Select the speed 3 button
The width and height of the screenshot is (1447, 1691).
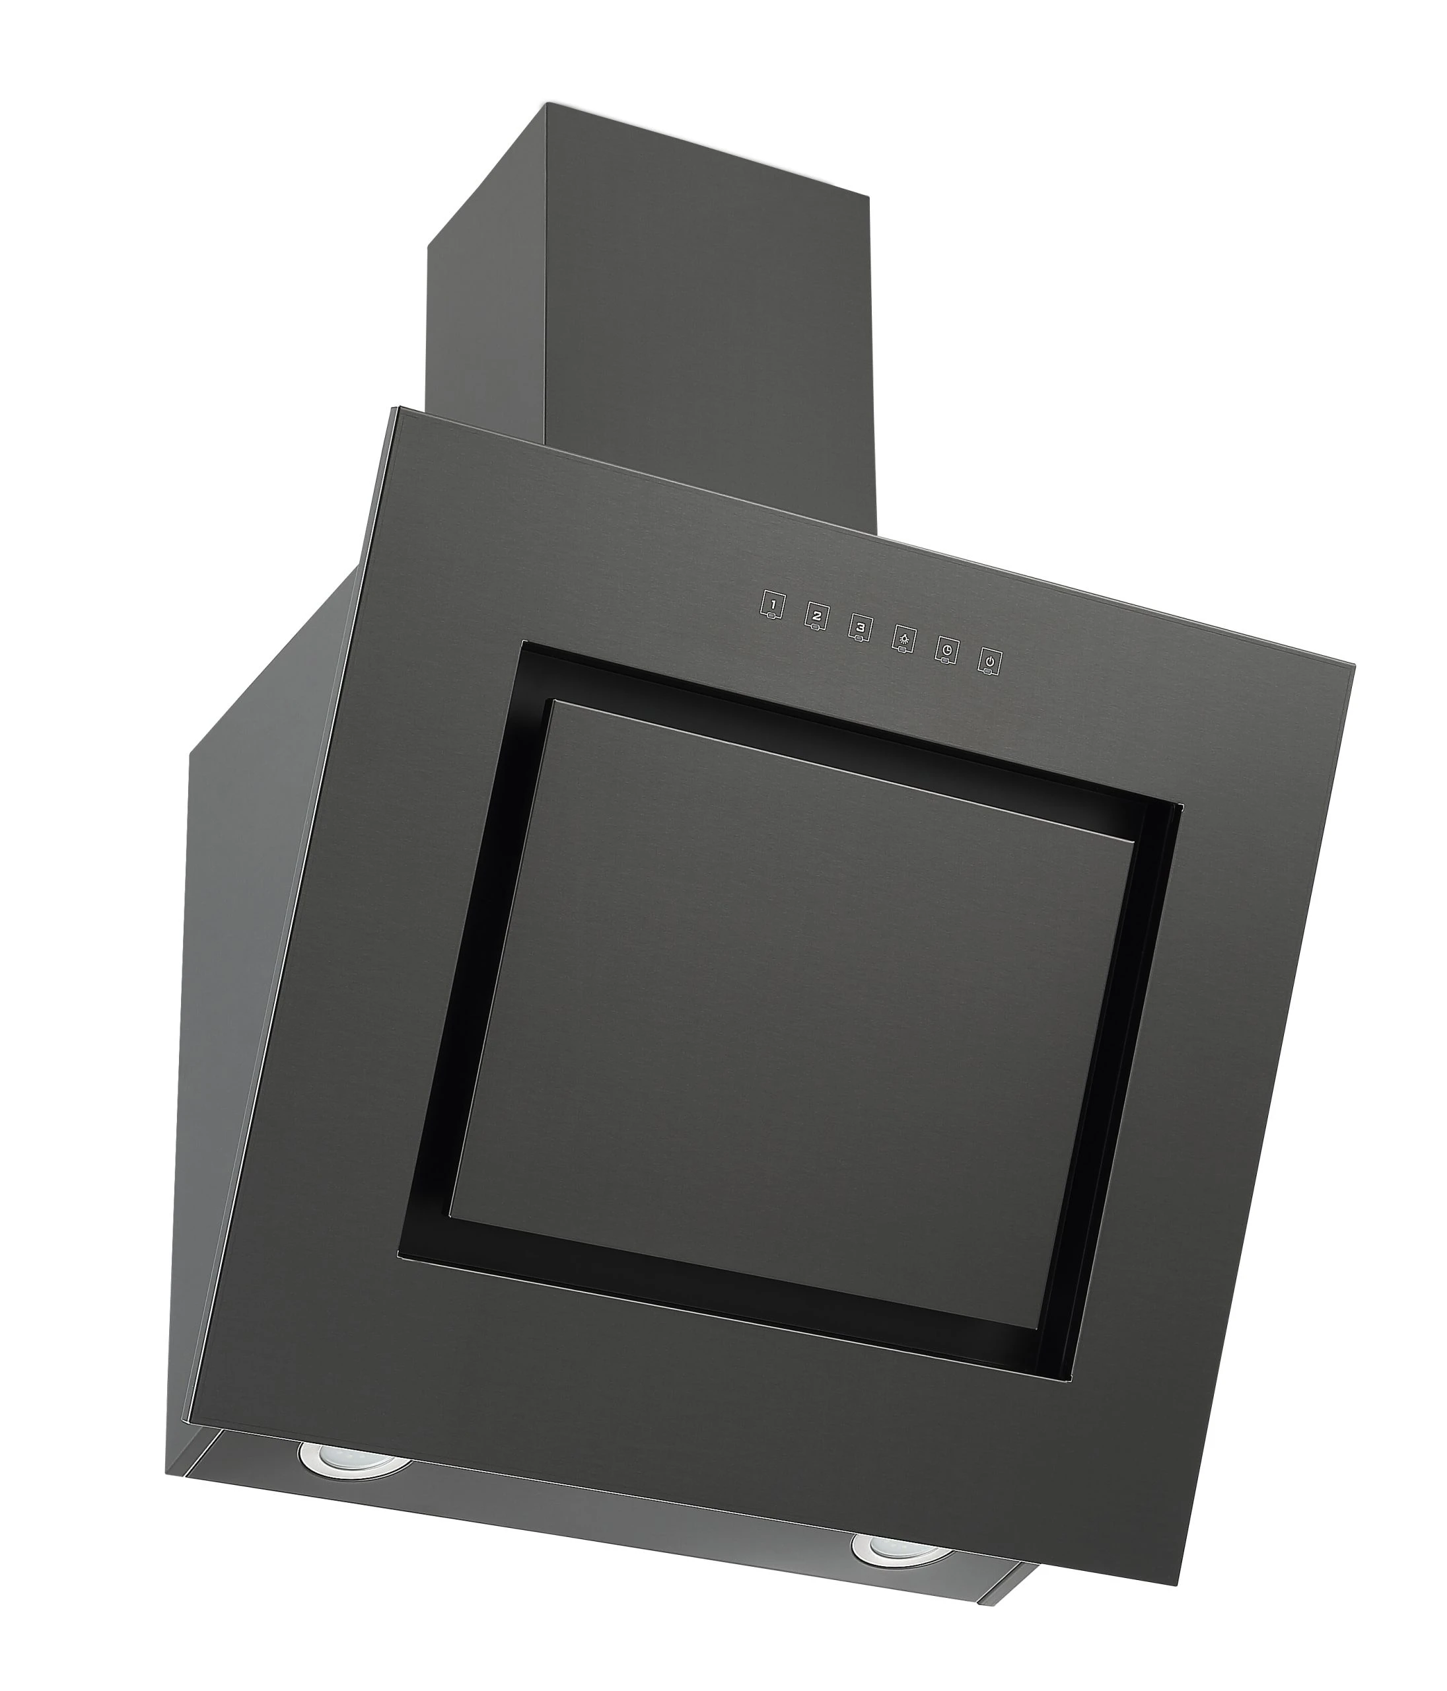859,630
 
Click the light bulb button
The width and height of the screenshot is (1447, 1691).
903,641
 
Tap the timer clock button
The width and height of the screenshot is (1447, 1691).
946,652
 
